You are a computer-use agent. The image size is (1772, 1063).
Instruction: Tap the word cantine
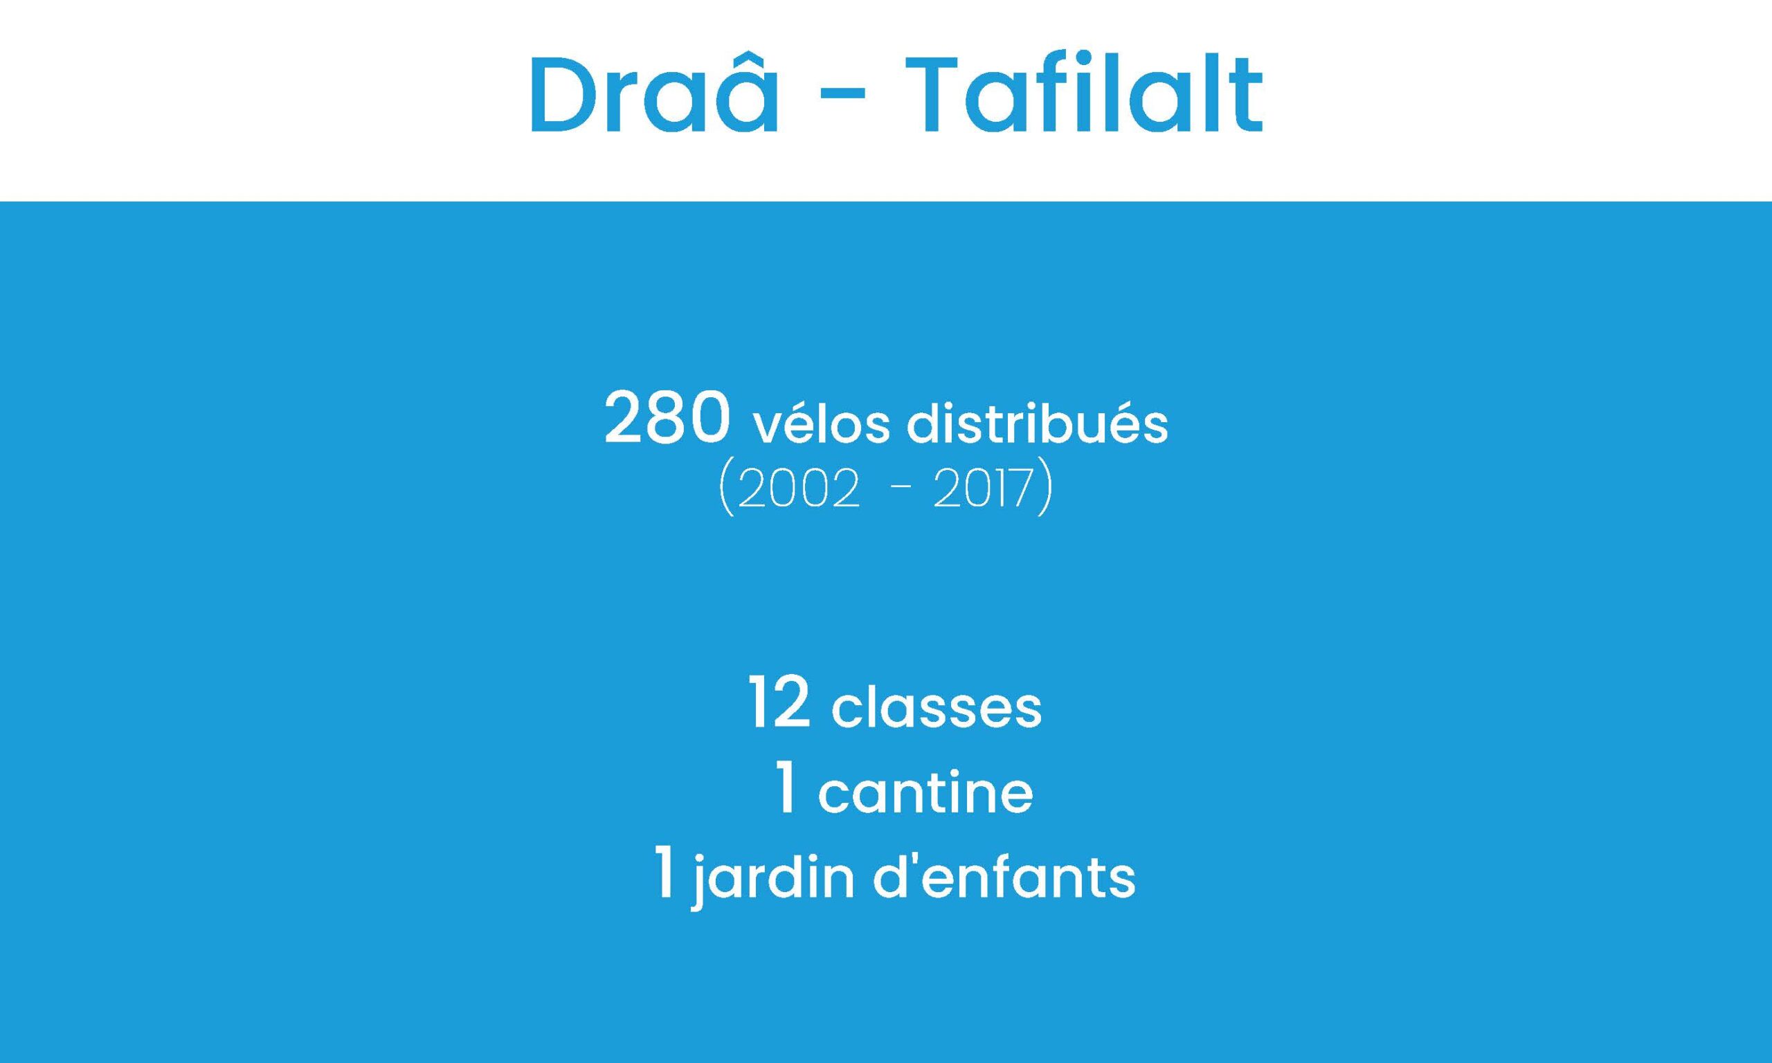925,792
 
